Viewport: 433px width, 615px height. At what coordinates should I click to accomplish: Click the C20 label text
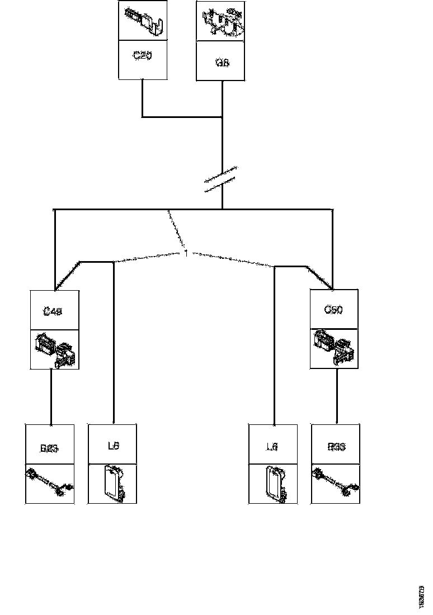143,56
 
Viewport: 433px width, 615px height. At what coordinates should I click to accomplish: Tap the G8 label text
222,63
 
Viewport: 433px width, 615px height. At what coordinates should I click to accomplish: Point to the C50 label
333,309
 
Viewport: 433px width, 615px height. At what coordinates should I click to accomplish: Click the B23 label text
49,448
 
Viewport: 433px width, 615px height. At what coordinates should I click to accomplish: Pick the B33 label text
336,447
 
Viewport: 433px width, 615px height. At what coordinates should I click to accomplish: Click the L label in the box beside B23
112,446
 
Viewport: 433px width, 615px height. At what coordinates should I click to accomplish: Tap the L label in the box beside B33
272,447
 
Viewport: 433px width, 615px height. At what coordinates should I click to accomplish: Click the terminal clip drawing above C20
143,21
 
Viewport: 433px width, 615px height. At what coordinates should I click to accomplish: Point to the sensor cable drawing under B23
49,482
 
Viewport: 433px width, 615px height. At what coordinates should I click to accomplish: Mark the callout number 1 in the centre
186,253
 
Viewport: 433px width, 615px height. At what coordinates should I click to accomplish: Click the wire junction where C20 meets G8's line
223,117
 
